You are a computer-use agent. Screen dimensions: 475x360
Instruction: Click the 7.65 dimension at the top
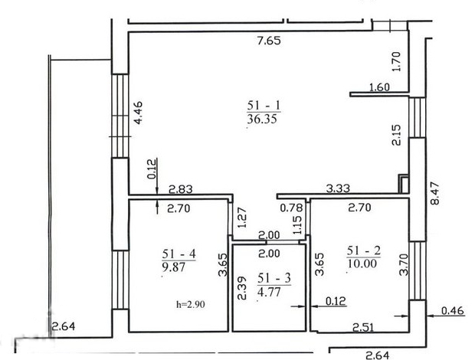pos(269,41)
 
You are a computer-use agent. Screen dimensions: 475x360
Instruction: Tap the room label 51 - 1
pos(264,106)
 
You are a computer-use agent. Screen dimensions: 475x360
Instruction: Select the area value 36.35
pos(262,119)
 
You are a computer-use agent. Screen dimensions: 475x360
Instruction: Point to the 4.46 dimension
pos(138,113)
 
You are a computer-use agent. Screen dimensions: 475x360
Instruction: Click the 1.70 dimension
pos(396,62)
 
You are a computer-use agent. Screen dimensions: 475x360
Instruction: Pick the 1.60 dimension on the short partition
pos(379,87)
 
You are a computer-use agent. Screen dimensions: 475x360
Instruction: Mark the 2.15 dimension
pos(396,135)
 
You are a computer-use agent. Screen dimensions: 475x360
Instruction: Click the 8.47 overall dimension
pos(434,193)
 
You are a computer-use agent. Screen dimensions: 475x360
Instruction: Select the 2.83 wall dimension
pos(181,189)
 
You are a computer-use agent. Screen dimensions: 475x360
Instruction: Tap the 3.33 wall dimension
pos(338,188)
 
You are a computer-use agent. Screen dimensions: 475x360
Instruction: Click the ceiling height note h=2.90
pos(191,304)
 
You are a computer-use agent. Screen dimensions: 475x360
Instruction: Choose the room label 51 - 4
pos(179,254)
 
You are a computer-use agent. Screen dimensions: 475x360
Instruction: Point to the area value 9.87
pos(174,267)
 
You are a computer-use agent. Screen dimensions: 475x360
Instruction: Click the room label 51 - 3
pos(274,278)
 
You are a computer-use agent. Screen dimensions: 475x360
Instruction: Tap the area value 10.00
pos(362,263)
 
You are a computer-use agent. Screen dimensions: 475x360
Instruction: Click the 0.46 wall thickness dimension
pos(453,311)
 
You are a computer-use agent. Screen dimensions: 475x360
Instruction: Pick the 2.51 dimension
pos(363,327)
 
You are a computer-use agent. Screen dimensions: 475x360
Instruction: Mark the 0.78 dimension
pos(291,208)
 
